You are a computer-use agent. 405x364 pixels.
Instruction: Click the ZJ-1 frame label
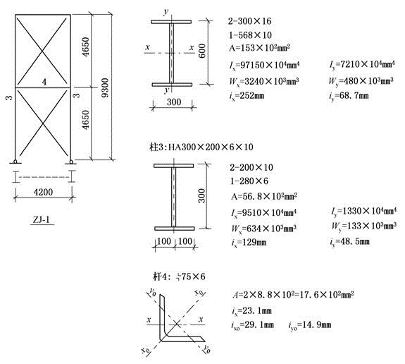[x=42, y=220]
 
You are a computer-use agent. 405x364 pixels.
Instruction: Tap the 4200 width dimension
[x=43, y=192]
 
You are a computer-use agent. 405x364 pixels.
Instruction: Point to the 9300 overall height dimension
[x=105, y=87]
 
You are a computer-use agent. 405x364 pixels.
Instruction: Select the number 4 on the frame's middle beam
[x=44, y=83]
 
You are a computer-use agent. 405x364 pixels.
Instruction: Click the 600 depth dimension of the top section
[x=203, y=51]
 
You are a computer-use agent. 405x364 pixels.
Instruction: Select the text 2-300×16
[x=249, y=21]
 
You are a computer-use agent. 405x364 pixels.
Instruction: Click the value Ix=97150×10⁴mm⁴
[x=264, y=65]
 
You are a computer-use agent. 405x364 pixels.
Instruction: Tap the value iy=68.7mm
[x=349, y=96]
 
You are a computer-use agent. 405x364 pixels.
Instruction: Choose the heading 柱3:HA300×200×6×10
[x=201, y=147]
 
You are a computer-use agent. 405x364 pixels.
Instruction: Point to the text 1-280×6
[x=249, y=181]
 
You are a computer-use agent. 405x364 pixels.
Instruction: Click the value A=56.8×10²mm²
[x=264, y=196]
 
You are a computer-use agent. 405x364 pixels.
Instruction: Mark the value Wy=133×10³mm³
[x=364, y=226]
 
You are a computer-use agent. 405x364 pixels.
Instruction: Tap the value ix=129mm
[x=249, y=243]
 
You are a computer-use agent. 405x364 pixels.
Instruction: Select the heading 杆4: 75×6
[x=179, y=277]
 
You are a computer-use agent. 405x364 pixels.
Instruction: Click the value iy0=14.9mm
[x=310, y=325]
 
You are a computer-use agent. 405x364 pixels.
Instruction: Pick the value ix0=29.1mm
[x=252, y=325]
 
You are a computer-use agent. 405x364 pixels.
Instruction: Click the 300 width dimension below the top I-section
[x=174, y=102]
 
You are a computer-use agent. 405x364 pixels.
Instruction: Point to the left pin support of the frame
[x=15, y=162]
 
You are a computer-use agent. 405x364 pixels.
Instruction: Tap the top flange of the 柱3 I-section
[x=173, y=166]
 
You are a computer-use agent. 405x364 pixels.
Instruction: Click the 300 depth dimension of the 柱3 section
[x=202, y=195]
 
